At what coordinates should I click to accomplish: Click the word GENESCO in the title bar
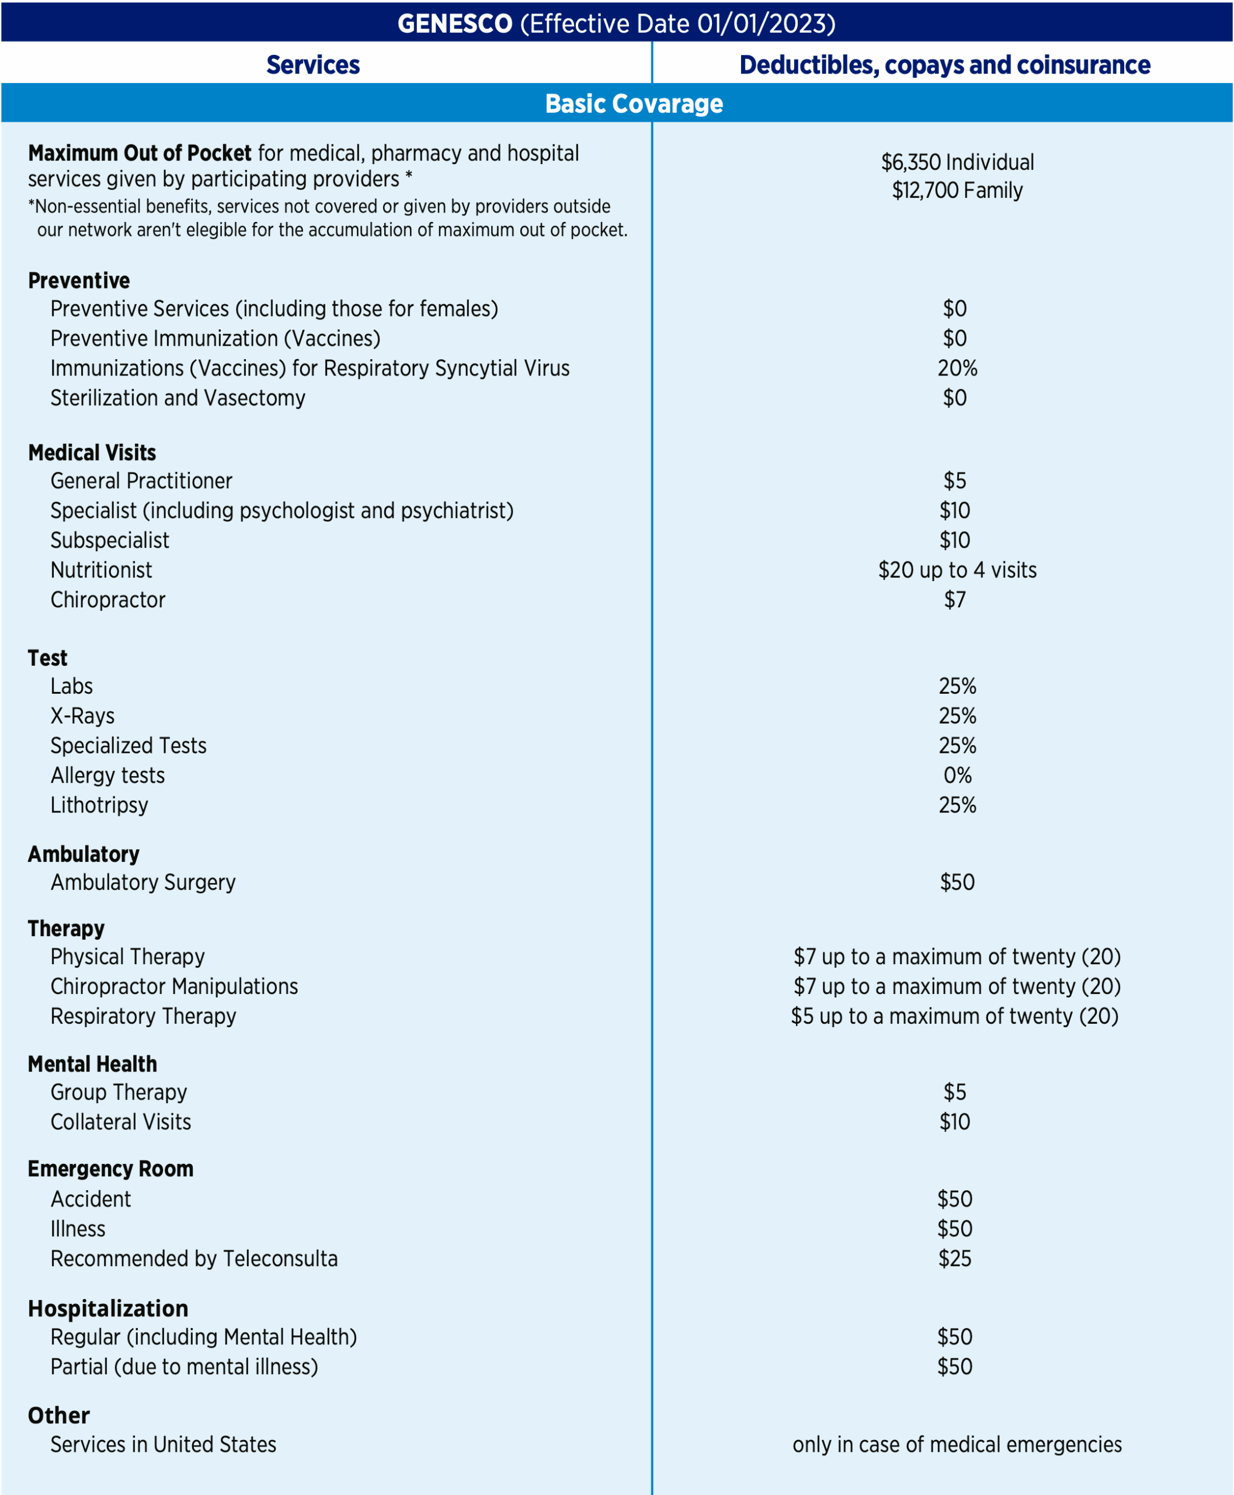pos(454,23)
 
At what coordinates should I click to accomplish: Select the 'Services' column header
pos(313,65)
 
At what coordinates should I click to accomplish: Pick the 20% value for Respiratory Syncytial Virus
pos(957,368)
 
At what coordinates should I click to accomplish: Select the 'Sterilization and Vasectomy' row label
pos(178,398)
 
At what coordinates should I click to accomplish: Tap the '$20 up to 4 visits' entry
pos(957,570)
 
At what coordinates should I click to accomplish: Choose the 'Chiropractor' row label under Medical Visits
pos(108,600)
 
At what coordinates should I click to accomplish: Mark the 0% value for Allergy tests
pos(957,776)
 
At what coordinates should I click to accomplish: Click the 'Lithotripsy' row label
pos(99,805)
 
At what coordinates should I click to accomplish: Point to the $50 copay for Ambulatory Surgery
pos(957,882)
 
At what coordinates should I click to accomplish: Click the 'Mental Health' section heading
pos(92,1064)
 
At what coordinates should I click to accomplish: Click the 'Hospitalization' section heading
pos(108,1309)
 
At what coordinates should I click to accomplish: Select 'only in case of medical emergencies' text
pos(957,1445)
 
